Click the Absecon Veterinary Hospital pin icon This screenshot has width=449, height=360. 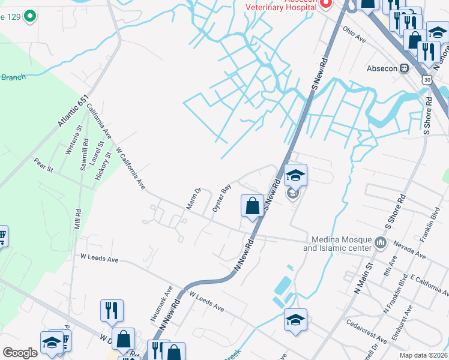pyautogui.click(x=326, y=4)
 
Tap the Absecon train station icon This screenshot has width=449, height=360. pyautogui.click(x=405, y=68)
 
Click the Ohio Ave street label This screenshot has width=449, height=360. pyautogui.click(x=354, y=35)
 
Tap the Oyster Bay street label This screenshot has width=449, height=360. pyautogui.click(x=221, y=198)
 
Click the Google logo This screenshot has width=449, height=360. pyautogui.click(x=20, y=353)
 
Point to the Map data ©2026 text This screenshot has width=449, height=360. pyautogui.click(x=423, y=355)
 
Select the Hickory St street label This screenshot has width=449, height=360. pyautogui.click(x=104, y=166)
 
